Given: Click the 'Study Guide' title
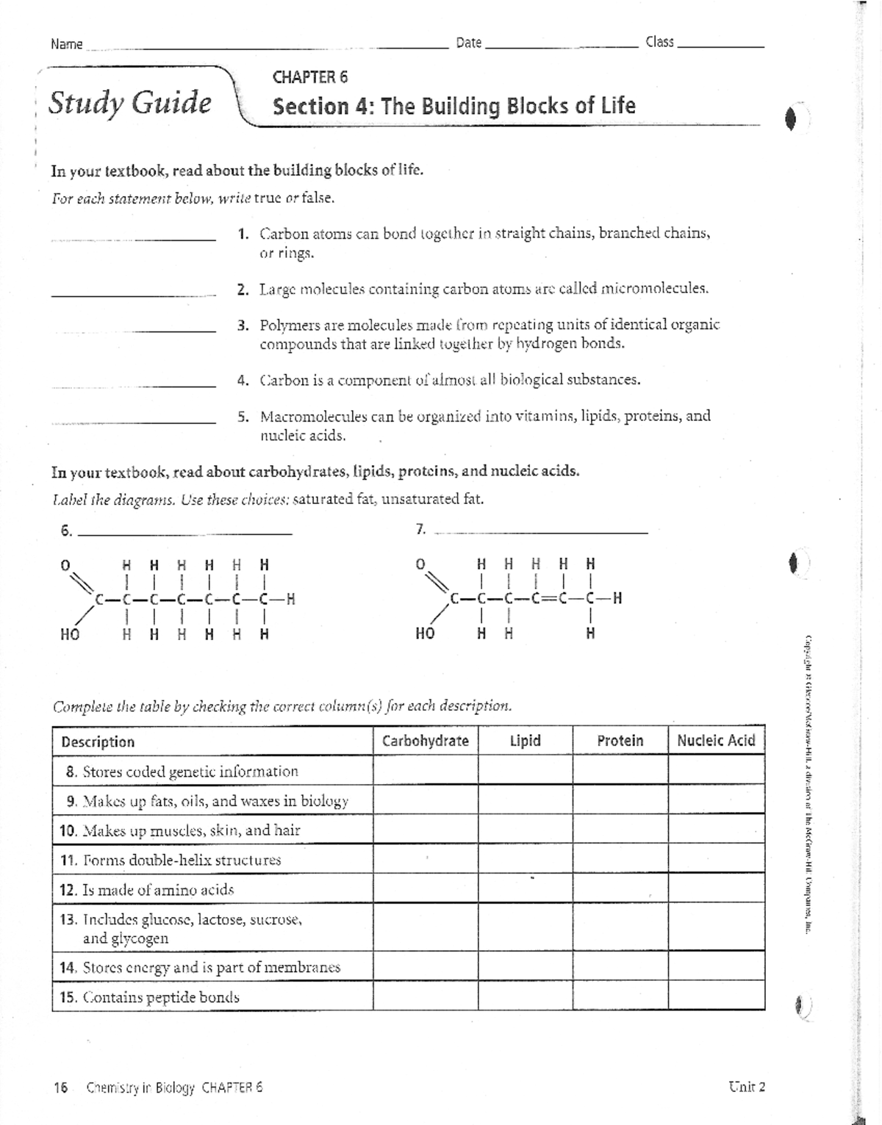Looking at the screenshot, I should tap(129, 103).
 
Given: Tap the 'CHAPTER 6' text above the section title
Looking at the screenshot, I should tap(309, 77).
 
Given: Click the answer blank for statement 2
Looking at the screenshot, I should tap(134, 294).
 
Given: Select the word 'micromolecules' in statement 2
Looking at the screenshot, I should tap(654, 289).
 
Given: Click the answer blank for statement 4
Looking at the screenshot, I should tap(134, 385).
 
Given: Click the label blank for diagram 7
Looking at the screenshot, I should tap(542, 531).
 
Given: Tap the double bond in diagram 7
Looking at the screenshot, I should tap(545, 598).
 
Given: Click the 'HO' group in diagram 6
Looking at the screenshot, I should tap(69, 633).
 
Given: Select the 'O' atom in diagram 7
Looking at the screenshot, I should tap(420, 564).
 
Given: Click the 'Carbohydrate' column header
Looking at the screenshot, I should tap(425, 741).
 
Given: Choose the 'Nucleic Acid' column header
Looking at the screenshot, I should tap(716, 741).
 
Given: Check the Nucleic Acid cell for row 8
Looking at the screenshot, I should tap(716, 771).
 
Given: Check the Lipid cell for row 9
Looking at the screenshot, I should tap(525, 800).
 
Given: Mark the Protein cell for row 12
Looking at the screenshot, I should tap(620, 889).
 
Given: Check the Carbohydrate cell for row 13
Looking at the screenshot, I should tap(425, 928).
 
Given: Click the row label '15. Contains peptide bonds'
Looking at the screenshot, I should tap(150, 997).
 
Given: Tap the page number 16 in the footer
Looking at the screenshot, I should tap(60, 1088).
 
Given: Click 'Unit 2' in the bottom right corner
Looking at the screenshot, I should tap(747, 1087).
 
